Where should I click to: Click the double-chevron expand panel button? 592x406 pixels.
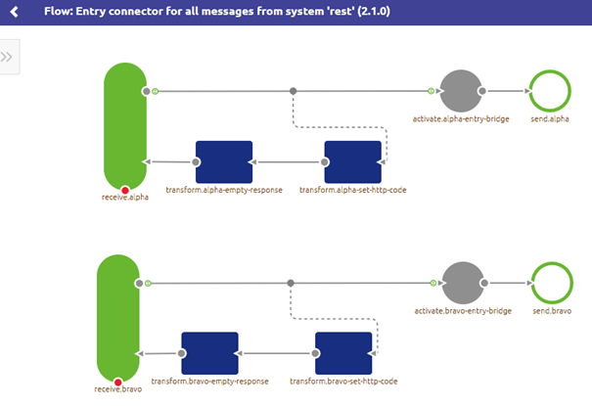coord(8,57)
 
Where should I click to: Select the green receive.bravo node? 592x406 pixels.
coord(118,317)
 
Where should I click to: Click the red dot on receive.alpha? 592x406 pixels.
coord(124,189)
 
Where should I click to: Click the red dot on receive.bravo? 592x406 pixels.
coord(118,382)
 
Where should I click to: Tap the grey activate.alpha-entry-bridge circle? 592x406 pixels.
coord(460,91)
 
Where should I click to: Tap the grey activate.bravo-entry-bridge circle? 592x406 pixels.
coord(463,284)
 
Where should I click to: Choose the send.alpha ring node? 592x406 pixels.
coord(549,91)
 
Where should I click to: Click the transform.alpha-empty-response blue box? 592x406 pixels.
coord(224,161)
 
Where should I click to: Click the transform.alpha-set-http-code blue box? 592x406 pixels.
coord(352,161)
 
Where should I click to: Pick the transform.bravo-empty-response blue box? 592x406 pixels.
coord(209,353)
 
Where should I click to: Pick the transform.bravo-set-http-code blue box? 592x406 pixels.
coord(343,353)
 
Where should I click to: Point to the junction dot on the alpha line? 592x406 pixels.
coord(293,91)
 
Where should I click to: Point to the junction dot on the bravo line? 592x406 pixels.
coord(291,284)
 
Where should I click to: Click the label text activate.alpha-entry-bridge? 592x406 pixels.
coord(460,119)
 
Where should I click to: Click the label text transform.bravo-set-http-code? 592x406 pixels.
coord(343,381)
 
